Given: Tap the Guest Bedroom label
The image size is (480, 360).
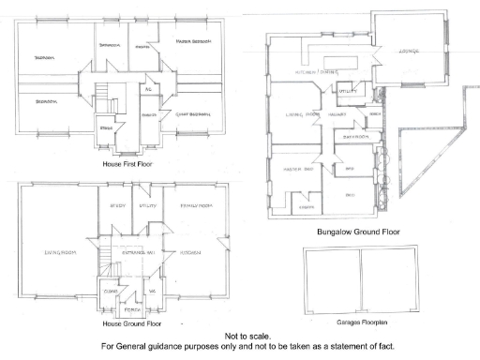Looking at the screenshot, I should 191,114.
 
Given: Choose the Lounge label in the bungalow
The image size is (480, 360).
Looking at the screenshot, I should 408,50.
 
